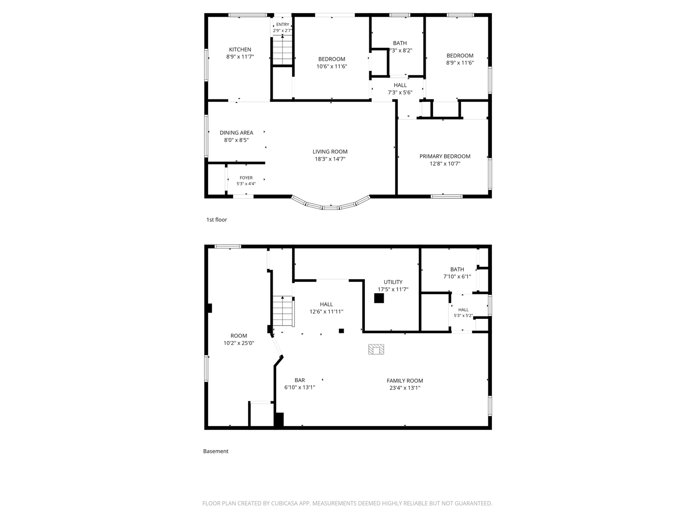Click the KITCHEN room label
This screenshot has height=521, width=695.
pyautogui.click(x=240, y=49)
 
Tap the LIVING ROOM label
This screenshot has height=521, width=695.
pyautogui.click(x=330, y=151)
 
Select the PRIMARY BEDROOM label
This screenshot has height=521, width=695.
pyautogui.click(x=445, y=156)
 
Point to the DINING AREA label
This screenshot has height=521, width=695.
pyautogui.click(x=236, y=133)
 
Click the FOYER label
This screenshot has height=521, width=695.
pyautogui.click(x=246, y=178)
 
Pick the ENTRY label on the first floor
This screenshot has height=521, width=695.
pyautogui.click(x=282, y=24)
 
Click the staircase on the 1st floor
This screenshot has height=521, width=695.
pyautogui.click(x=282, y=50)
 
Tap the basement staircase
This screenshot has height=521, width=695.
pyautogui.click(x=283, y=311)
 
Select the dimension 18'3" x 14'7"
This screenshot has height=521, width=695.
pyautogui.click(x=330, y=159)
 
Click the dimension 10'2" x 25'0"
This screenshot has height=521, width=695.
pyautogui.click(x=239, y=343)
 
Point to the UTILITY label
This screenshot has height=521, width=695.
pyautogui.click(x=393, y=282)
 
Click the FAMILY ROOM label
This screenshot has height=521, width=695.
pyautogui.click(x=404, y=381)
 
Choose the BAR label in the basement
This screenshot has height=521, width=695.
pyautogui.click(x=300, y=380)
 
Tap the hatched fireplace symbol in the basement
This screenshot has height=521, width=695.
pyautogui.click(x=376, y=349)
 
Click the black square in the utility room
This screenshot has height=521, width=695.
pyautogui.click(x=379, y=298)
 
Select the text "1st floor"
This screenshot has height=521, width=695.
pyautogui.click(x=217, y=219)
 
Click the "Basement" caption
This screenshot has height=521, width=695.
pyautogui.click(x=216, y=451)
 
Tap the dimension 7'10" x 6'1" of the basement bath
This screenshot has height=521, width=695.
pyautogui.click(x=457, y=276)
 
